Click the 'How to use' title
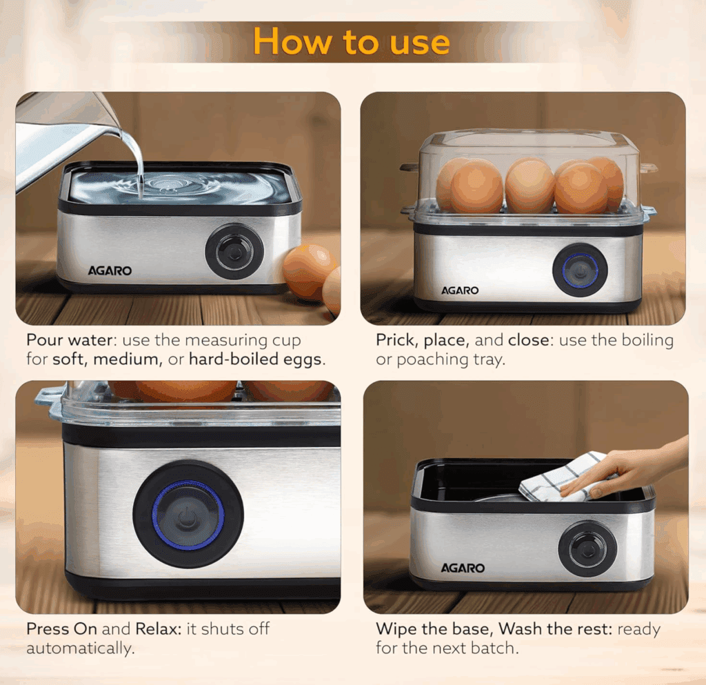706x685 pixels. click(x=351, y=41)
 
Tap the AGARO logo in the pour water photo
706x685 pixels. click(x=110, y=270)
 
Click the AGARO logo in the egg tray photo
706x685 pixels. click(x=460, y=290)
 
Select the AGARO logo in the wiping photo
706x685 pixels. click(x=463, y=568)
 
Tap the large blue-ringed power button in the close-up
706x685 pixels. click(x=188, y=515)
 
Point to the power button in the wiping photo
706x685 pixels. click(x=587, y=549)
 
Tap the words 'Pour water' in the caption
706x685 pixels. click(x=69, y=340)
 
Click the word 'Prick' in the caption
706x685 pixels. click(x=398, y=340)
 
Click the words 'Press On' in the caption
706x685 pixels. click(x=61, y=628)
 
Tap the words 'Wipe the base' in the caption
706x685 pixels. click(x=434, y=628)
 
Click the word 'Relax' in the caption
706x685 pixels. click(x=157, y=628)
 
